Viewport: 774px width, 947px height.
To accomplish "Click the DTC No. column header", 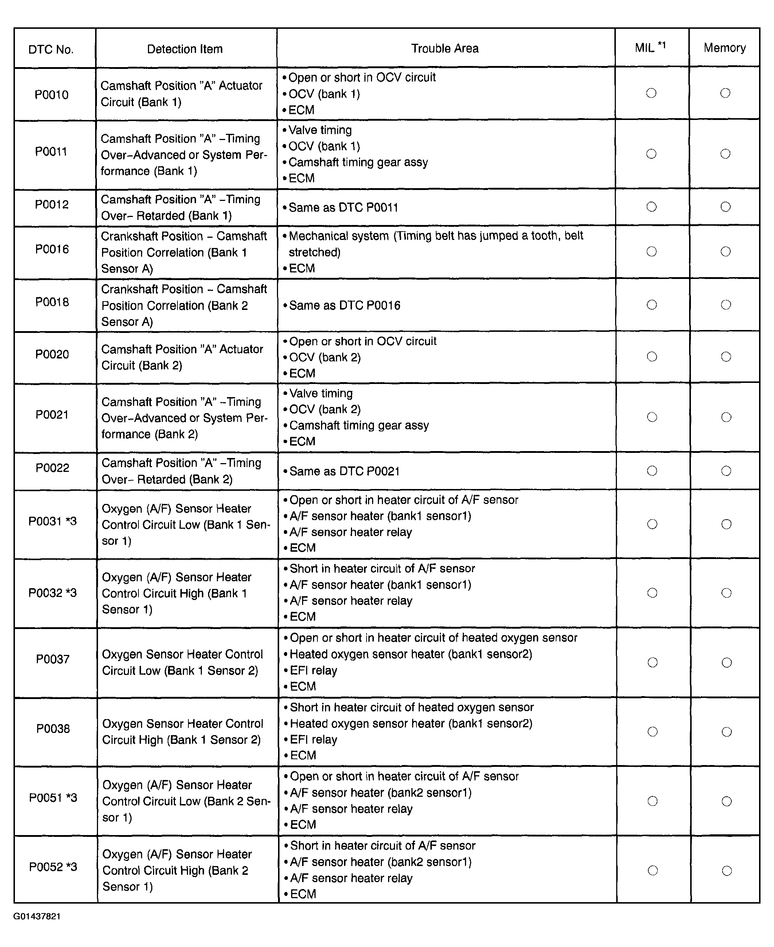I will pos(51,49).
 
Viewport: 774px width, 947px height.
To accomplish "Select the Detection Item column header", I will pos(185,48).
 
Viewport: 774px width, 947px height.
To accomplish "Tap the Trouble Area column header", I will pos(445,48).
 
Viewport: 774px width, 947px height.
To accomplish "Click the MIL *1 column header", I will pos(650,47).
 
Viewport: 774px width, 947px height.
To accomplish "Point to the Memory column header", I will pos(724,48).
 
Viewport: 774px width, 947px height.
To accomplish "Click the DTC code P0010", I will pos(51,94).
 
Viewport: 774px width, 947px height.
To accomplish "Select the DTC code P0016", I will pos(52,249).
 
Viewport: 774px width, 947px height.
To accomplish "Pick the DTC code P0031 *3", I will pos(52,521).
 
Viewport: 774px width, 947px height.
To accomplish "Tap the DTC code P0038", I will pos(53,729).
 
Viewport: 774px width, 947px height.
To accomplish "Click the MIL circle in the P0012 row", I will pos(652,206).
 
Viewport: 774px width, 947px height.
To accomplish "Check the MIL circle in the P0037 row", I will pos(652,663).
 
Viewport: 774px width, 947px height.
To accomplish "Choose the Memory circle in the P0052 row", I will pos(727,870).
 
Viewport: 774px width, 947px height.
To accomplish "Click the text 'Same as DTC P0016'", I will pos(345,306).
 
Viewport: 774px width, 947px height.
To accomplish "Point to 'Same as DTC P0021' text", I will pos(345,471).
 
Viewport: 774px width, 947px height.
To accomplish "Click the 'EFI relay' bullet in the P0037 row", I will pos(313,671).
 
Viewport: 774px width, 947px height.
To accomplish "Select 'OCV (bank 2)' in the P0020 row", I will pos(325,357).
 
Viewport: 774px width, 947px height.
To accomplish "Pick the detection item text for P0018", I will pos(184,306).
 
